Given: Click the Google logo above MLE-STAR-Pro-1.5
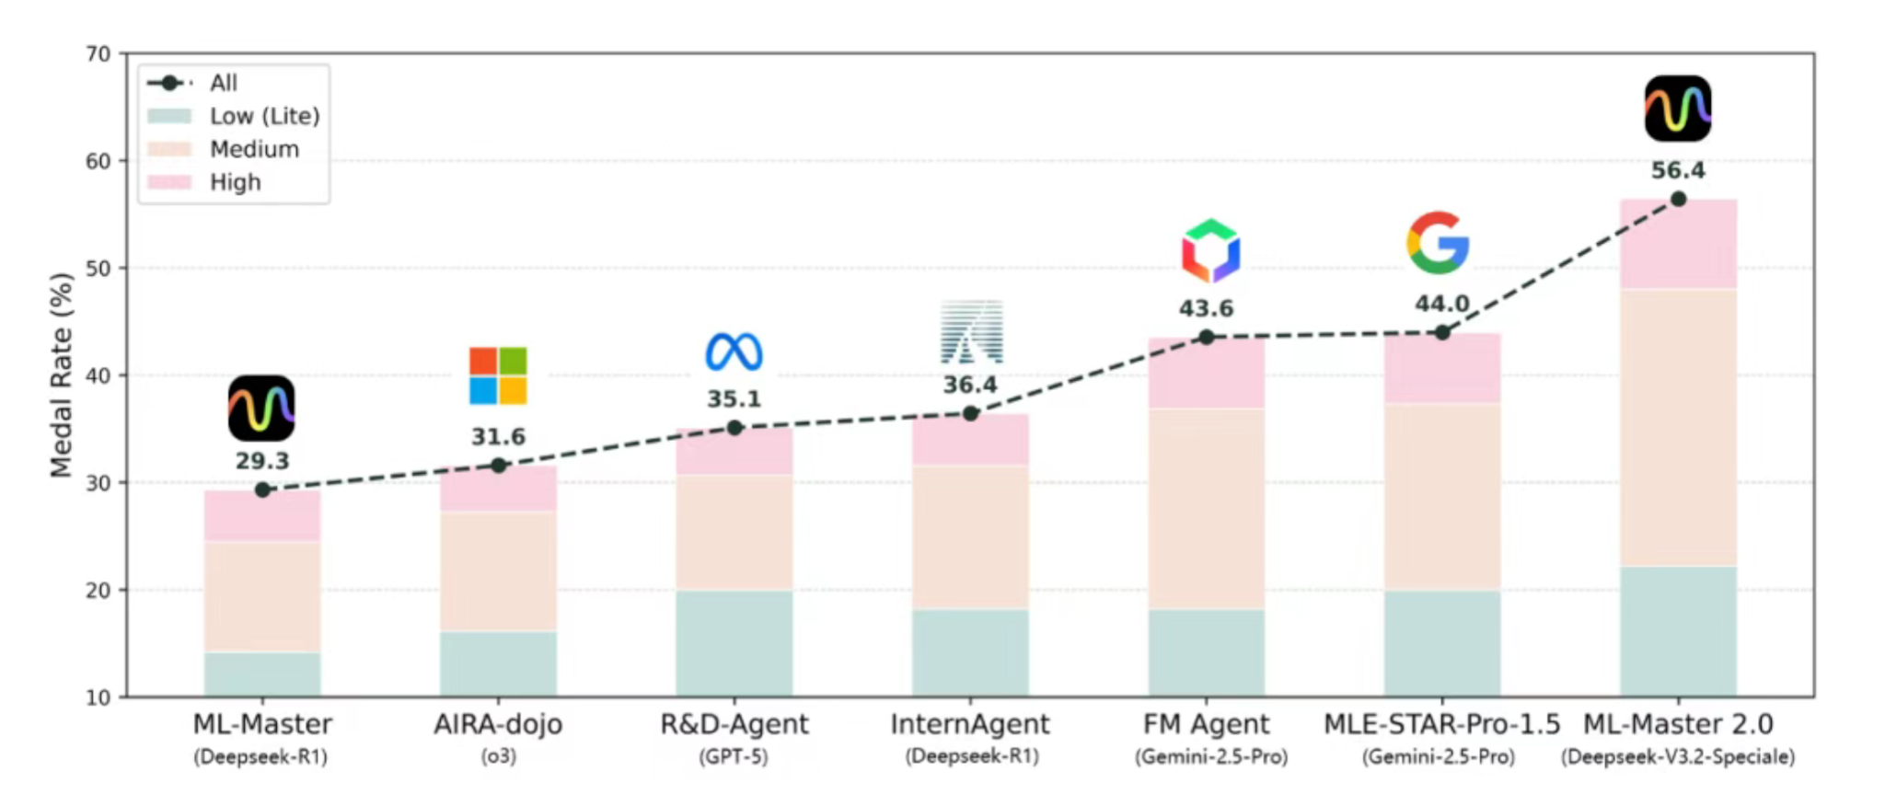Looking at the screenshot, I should (x=1438, y=243).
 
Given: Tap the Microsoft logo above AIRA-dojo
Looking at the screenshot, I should (x=498, y=375).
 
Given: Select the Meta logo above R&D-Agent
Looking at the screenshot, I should (x=734, y=352).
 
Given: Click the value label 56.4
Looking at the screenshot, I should (x=1677, y=171).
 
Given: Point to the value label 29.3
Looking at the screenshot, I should (x=262, y=461).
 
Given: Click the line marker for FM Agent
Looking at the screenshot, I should (x=1206, y=338).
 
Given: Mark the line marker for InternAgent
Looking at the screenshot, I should (x=970, y=414).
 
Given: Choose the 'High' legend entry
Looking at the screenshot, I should (x=235, y=182).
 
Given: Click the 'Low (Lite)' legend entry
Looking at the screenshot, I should (x=264, y=116).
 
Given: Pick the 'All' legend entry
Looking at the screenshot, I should (x=223, y=83).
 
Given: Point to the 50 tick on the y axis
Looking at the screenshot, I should (x=98, y=269).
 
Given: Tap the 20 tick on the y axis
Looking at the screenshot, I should (x=98, y=591).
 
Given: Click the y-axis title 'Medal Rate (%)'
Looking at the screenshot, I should (x=61, y=375).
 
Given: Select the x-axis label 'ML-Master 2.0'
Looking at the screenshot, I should (x=1677, y=724).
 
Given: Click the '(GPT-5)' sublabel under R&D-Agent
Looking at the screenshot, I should (x=734, y=757).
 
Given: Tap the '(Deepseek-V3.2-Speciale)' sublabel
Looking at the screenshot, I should (x=1677, y=757).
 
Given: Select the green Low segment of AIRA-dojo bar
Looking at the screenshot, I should (x=498, y=663).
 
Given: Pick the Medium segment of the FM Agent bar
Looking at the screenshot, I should (x=1206, y=508).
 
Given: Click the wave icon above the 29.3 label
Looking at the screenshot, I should (x=261, y=408).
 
